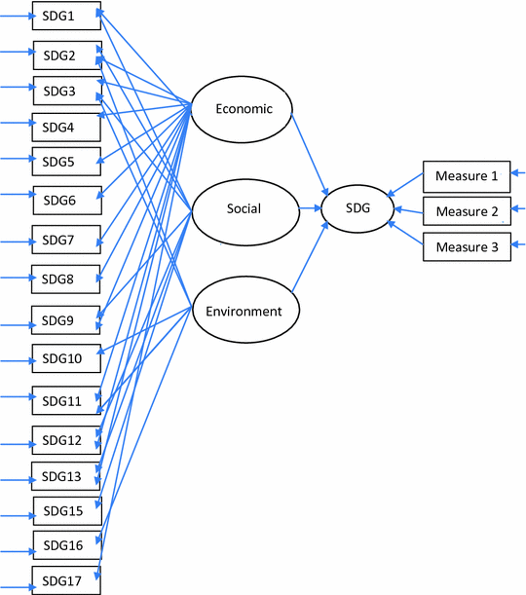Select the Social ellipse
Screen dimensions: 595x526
[x=243, y=208]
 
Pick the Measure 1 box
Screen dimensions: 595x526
[x=466, y=176]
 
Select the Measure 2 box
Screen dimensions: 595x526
[x=466, y=211]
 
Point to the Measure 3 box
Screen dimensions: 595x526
[x=466, y=247]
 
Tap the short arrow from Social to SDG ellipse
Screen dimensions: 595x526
[x=311, y=208]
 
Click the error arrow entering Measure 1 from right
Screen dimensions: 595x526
[x=518, y=176]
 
